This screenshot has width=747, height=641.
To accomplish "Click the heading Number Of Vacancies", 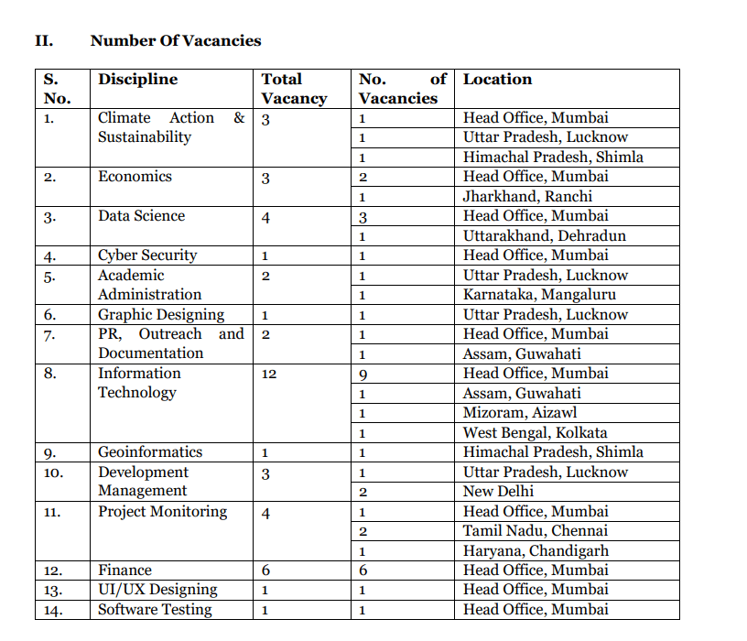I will point(176,40).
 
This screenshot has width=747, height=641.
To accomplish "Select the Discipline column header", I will point(137,80).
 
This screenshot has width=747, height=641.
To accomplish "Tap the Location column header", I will point(497,80).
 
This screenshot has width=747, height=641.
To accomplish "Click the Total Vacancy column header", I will point(293,89).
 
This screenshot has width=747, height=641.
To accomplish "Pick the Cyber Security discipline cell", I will point(147,255).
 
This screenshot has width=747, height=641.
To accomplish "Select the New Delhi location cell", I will point(498,492).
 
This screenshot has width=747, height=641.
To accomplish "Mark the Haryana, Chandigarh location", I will point(536,551).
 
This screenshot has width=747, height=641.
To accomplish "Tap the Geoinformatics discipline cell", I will point(149,452).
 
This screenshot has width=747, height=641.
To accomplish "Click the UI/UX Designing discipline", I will point(157,590).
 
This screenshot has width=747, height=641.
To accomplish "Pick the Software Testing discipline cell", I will point(155,610).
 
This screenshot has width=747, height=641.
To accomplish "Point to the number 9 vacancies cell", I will point(363,375).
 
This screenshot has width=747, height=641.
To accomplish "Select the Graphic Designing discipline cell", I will point(161,315).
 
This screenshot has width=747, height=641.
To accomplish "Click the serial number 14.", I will point(53,611).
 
